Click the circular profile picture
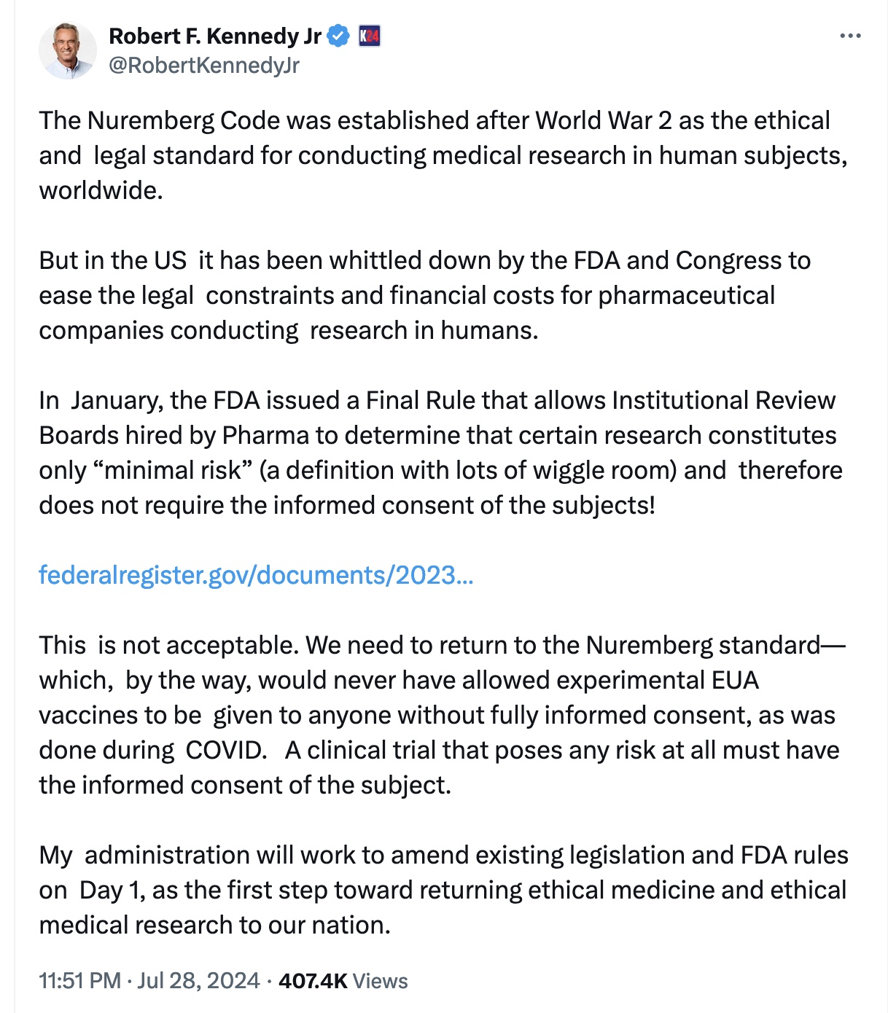(67, 50)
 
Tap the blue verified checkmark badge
(338, 36)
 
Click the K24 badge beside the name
(370, 36)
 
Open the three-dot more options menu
(850, 36)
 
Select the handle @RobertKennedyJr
(204, 66)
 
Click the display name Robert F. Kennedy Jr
(215, 36)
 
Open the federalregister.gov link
(256, 575)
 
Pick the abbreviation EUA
(736, 680)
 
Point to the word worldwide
(100, 190)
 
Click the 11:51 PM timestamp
(79, 981)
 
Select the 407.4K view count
(313, 981)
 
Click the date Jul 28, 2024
(198, 981)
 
